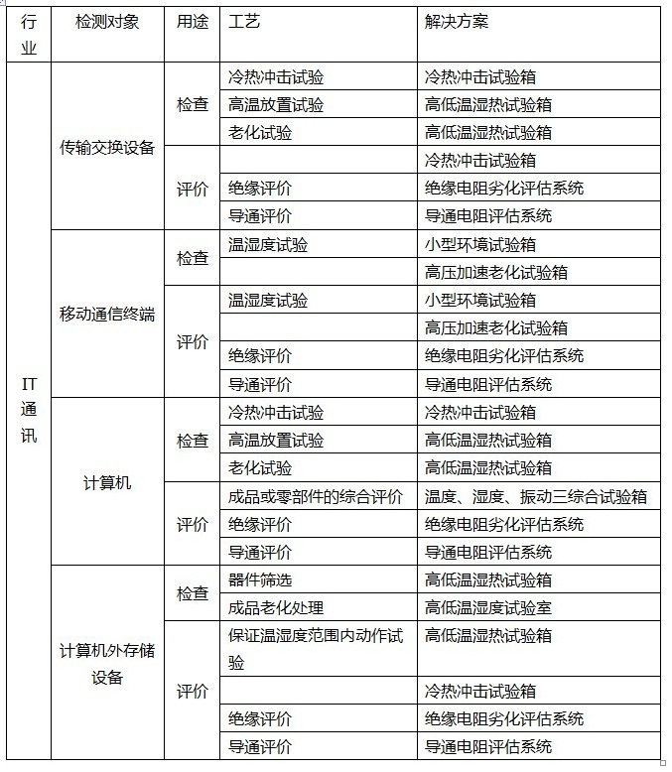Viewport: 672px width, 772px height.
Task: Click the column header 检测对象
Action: [x=107, y=22]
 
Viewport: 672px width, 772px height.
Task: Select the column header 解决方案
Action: [x=457, y=21]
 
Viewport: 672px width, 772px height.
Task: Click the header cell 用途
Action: [x=192, y=21]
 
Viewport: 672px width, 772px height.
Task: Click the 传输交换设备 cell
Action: [x=107, y=148]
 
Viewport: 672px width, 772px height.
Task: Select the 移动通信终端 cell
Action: [x=107, y=315]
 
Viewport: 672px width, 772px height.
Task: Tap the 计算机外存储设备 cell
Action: [x=107, y=664]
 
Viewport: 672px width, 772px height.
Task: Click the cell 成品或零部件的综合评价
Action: [x=316, y=496]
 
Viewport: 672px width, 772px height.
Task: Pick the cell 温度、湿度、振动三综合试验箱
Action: [x=536, y=496]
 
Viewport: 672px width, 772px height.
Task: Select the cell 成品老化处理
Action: [x=276, y=607]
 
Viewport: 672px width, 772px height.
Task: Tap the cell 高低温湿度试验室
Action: [x=488, y=607]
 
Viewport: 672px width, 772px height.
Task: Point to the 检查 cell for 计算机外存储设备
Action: [x=193, y=593]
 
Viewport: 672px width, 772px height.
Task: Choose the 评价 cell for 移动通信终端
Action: [x=193, y=342]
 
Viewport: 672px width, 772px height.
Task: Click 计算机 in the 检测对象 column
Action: [x=107, y=483]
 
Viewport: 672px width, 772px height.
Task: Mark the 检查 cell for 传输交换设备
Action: [x=193, y=104]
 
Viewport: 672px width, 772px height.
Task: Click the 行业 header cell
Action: [x=28, y=34]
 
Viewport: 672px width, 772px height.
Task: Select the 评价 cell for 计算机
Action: [x=193, y=524]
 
